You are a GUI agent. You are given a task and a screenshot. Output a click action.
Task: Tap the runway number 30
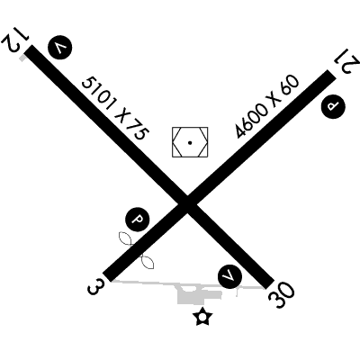[282, 295]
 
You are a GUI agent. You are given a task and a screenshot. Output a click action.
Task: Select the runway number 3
[96, 287]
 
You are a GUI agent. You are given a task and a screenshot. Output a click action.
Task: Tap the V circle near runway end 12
[60, 48]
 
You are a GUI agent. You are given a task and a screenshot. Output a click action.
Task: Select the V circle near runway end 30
[229, 276]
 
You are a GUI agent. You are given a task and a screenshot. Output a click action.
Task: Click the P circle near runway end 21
[333, 107]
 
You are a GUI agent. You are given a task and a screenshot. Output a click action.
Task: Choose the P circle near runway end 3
[138, 219]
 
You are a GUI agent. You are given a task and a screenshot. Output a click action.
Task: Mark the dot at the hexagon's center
[190, 143]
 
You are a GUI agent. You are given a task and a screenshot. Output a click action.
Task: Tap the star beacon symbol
[202, 317]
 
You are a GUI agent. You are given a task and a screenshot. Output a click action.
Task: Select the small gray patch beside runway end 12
[22, 58]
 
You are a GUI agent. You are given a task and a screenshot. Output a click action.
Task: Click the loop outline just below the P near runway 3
[125, 238]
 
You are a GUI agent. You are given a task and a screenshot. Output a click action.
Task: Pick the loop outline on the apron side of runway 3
[148, 262]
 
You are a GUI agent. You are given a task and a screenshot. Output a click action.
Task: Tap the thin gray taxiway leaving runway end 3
[144, 283]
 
